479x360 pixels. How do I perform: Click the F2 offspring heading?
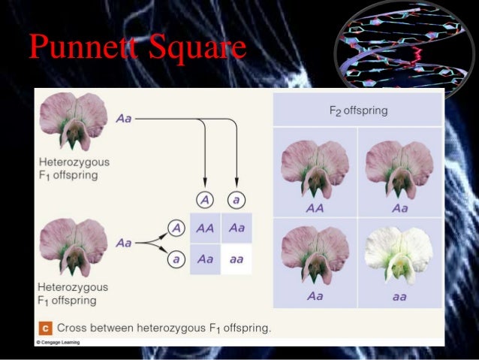(358, 111)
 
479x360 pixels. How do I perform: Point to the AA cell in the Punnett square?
(204, 228)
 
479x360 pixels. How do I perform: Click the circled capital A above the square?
(205, 200)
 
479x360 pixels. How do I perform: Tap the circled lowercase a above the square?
(237, 200)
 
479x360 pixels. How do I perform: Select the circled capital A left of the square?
(174, 228)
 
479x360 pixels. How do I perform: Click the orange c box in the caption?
(44, 328)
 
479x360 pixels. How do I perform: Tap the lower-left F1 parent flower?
(74, 247)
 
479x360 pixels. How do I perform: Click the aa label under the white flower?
(399, 296)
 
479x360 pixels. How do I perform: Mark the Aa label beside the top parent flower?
(125, 119)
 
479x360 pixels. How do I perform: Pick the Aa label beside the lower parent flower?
(125, 243)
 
